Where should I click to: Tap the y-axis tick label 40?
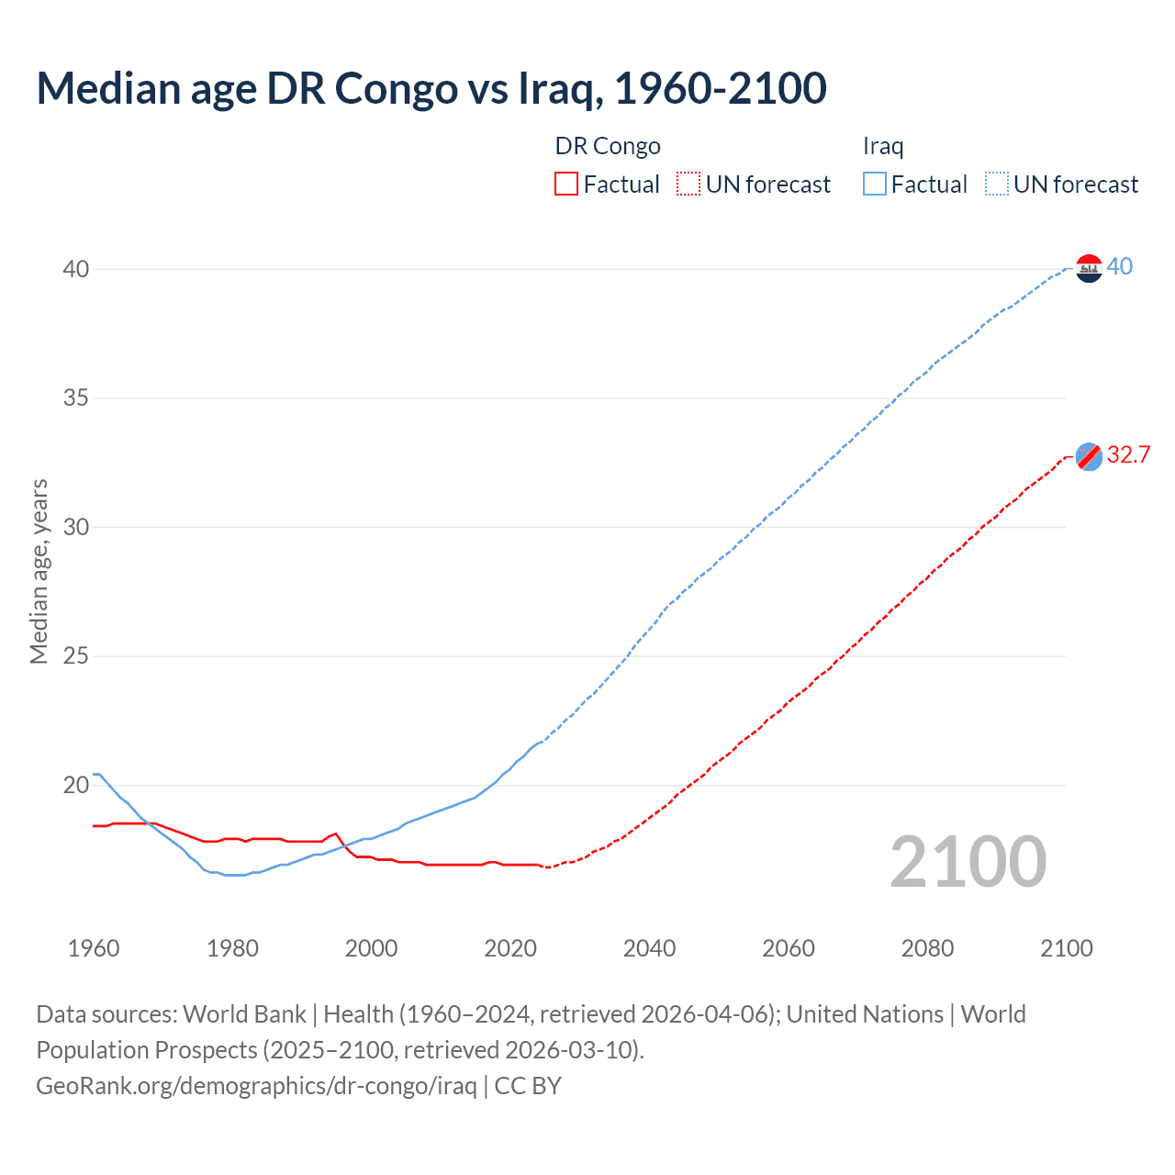(x=76, y=269)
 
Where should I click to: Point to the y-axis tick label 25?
(x=76, y=656)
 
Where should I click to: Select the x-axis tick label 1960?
(x=94, y=948)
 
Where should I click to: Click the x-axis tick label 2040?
(x=649, y=948)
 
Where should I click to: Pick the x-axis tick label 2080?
(x=927, y=948)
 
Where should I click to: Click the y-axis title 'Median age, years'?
(x=39, y=571)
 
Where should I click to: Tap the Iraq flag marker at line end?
(x=1089, y=268)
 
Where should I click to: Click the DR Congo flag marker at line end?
(x=1089, y=456)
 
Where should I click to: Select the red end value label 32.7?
(x=1128, y=454)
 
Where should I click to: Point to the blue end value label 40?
(x=1119, y=266)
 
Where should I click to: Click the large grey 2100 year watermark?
(x=968, y=862)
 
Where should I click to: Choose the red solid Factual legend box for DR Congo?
(x=566, y=185)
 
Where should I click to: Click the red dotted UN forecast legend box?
(x=688, y=185)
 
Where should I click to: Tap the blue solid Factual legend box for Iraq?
(x=875, y=185)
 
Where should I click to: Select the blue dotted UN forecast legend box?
(x=996, y=185)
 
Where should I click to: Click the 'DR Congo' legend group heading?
(x=608, y=146)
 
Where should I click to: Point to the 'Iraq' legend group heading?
(x=883, y=146)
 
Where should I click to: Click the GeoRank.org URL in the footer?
(x=256, y=1086)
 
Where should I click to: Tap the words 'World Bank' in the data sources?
(x=244, y=1014)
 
